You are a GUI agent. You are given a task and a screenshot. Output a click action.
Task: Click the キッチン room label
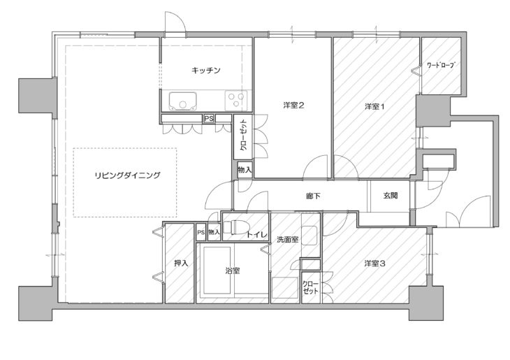(206, 70)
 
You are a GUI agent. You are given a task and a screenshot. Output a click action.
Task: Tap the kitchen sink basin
(182, 101)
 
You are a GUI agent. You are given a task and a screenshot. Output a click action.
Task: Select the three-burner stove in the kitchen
(236, 100)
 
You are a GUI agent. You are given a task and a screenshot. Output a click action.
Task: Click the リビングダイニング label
(127, 175)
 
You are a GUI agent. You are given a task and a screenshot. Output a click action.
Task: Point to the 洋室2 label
(293, 106)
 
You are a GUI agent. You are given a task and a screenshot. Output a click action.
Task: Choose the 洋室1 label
(374, 106)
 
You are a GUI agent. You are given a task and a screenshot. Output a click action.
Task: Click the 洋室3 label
(374, 264)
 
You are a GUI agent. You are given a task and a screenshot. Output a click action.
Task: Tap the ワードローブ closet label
(440, 65)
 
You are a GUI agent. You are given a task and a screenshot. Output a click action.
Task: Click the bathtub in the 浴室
(217, 270)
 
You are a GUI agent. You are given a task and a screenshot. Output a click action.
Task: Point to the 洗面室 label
(287, 240)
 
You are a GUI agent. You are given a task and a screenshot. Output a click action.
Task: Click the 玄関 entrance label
(391, 196)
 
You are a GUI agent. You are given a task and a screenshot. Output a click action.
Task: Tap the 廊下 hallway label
(313, 196)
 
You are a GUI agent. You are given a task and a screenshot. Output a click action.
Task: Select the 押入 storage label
(181, 263)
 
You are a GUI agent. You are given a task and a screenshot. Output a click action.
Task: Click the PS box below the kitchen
(209, 119)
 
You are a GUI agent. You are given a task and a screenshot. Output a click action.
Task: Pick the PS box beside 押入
(201, 233)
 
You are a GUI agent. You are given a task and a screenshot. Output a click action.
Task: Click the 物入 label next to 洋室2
(245, 170)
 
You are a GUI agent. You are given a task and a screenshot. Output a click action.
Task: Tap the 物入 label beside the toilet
(214, 232)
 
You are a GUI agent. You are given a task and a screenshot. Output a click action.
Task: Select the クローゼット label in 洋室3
(310, 287)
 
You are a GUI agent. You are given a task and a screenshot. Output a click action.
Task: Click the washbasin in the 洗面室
(309, 236)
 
